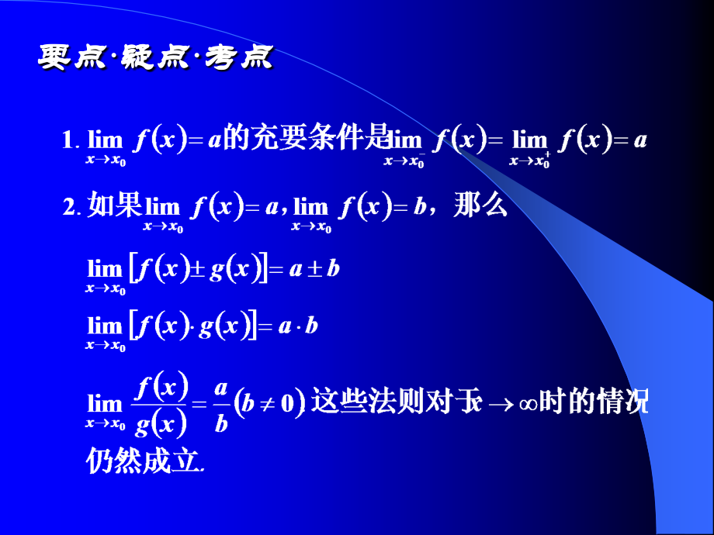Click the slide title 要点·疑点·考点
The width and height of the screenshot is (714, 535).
(x=155, y=58)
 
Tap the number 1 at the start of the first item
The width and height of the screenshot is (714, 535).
(x=68, y=141)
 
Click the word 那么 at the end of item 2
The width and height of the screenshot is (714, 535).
(x=484, y=207)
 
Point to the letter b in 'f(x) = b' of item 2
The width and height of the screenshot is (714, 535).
(x=419, y=208)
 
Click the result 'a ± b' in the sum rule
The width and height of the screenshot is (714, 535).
(x=314, y=270)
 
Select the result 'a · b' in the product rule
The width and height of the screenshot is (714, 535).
(x=299, y=326)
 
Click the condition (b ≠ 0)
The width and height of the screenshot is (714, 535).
(x=268, y=404)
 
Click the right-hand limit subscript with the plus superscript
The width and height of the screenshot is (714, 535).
(x=530, y=161)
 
